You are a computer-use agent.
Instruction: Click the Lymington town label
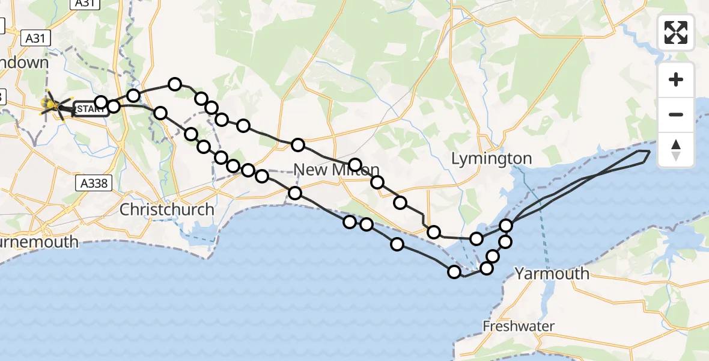click(x=491, y=159)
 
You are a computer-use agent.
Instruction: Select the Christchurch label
click(x=166, y=210)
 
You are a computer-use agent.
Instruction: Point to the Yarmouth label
click(x=552, y=274)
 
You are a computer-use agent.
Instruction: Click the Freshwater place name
click(x=519, y=326)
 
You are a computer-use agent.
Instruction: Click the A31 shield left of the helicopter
click(x=35, y=39)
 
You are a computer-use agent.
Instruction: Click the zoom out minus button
click(x=676, y=114)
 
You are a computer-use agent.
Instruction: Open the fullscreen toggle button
click(x=676, y=32)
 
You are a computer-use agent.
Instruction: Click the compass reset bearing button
click(x=676, y=150)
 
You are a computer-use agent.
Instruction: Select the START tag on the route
click(x=90, y=109)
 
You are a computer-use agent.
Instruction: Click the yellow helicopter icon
click(x=53, y=105)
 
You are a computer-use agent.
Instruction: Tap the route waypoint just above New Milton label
click(x=354, y=165)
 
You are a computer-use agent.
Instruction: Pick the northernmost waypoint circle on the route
click(x=175, y=84)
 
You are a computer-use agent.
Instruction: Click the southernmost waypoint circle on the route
click(x=454, y=272)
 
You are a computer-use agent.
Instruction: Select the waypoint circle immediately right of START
click(x=113, y=107)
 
